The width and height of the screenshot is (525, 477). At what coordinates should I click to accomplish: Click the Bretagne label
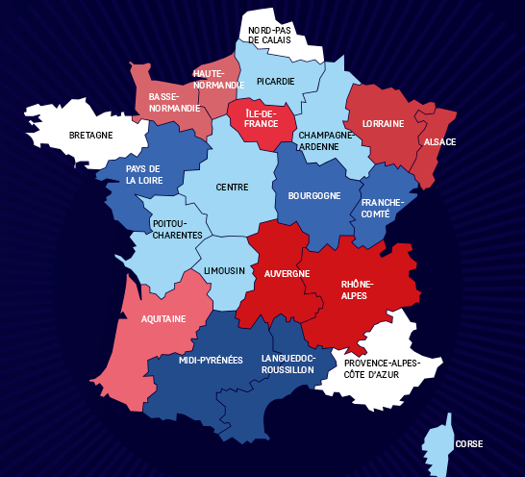[x=91, y=135]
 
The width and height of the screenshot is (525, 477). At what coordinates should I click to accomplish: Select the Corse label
[x=469, y=444]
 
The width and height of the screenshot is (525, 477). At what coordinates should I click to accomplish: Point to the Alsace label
[x=438, y=142]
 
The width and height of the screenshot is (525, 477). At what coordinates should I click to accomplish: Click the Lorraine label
[x=382, y=124]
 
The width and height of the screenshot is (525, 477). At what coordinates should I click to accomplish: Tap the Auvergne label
[x=287, y=274]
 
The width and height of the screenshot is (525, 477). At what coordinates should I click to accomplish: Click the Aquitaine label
[x=163, y=318]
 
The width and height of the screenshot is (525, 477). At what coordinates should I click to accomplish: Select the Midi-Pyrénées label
[x=211, y=360]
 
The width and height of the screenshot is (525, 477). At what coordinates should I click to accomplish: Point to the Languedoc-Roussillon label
[x=287, y=364]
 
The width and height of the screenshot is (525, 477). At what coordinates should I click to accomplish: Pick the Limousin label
[x=224, y=271]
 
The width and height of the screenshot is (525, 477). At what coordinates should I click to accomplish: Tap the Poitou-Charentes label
[x=177, y=229]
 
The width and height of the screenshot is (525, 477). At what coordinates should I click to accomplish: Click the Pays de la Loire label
[x=142, y=174]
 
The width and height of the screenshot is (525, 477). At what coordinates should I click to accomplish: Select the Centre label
[x=232, y=188]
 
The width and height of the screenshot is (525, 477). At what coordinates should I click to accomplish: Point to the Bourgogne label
[x=313, y=196]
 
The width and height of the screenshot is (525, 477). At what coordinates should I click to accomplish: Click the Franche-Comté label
[x=383, y=209]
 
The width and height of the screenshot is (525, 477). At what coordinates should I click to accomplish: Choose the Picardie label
[x=275, y=82]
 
